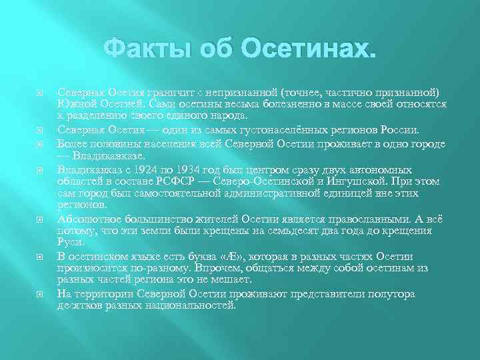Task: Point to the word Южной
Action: point(75,103)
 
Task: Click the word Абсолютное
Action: point(89,219)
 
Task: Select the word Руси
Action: point(70,243)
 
